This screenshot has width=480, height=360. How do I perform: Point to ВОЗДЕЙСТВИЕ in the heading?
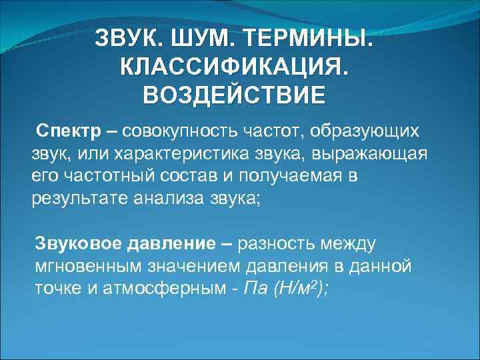pyautogui.click(x=235, y=94)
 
